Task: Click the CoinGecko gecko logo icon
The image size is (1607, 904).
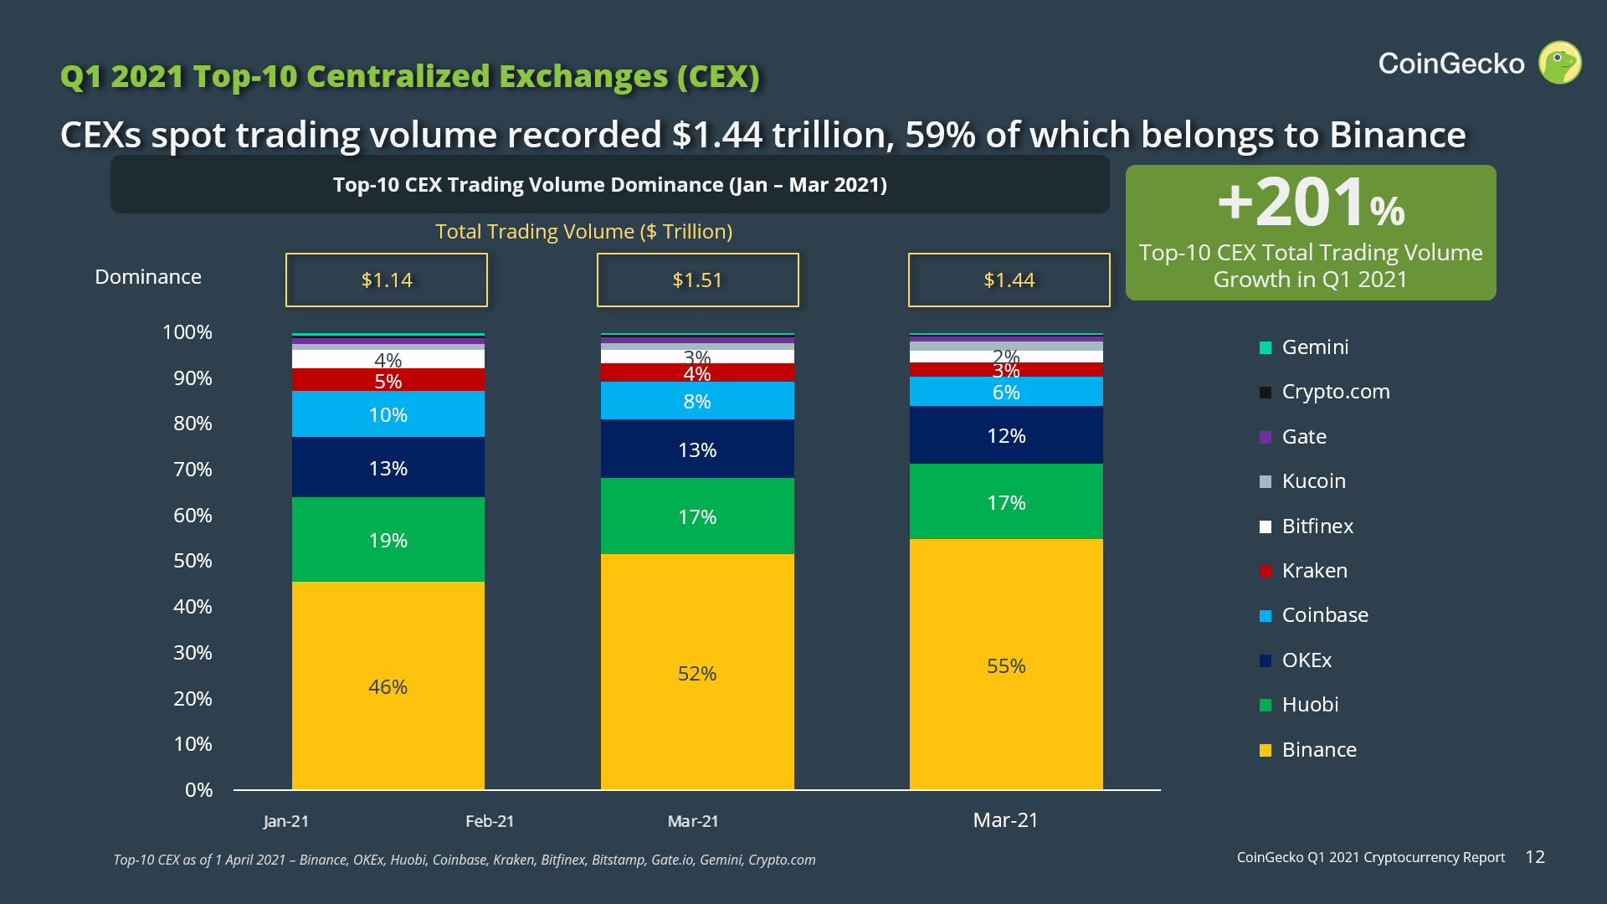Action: click(x=1559, y=63)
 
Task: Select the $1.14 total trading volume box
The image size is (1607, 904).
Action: click(x=387, y=280)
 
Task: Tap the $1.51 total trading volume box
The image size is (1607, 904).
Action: click(x=697, y=280)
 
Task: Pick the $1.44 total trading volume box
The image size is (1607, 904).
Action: click(x=1009, y=280)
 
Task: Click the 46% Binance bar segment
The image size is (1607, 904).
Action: click(x=388, y=686)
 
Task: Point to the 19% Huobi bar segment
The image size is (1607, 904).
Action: click(x=388, y=539)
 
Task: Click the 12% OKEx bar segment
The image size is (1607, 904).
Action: click(x=1006, y=435)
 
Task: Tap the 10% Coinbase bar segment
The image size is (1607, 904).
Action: click(x=388, y=414)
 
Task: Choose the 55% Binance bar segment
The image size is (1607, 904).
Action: click(x=1006, y=665)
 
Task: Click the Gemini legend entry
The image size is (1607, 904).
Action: click(x=1314, y=347)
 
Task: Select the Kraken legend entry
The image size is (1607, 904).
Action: click(x=1314, y=571)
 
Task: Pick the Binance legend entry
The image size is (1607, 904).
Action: click(x=1318, y=750)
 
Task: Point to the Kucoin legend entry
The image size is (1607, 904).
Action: click(x=1313, y=481)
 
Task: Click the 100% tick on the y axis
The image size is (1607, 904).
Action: click(x=187, y=332)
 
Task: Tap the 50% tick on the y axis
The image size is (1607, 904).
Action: click(x=193, y=561)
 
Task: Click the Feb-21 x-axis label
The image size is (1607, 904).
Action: click(x=490, y=821)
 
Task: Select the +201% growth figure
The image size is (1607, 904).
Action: click(x=1311, y=203)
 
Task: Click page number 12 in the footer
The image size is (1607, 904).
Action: click(x=1535, y=857)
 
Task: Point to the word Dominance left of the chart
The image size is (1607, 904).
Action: click(x=148, y=277)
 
